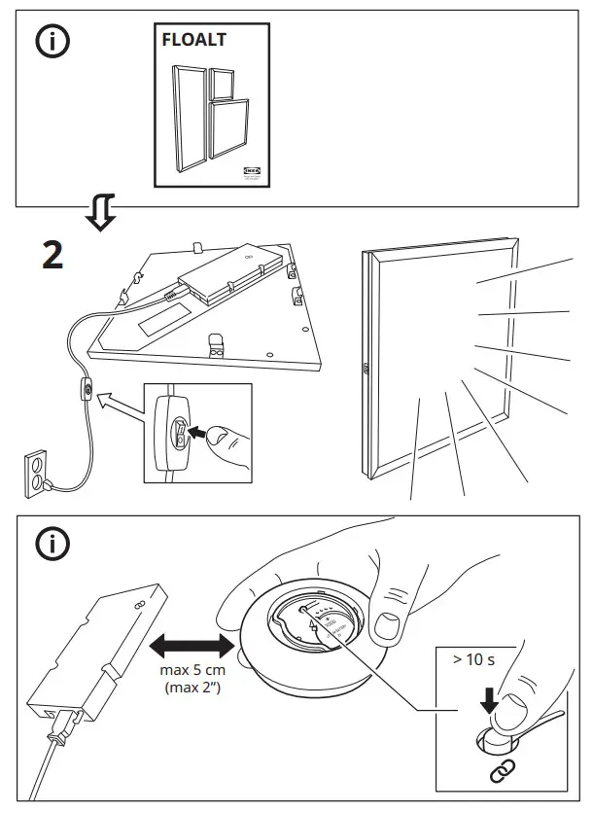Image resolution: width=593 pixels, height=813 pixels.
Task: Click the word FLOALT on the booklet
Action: (x=193, y=41)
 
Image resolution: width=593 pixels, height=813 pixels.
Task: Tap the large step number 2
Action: (x=53, y=255)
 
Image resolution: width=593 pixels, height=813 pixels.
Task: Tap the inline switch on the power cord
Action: (x=86, y=393)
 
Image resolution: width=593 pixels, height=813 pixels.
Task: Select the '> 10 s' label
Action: (x=473, y=660)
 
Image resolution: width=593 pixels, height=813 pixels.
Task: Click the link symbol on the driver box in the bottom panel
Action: (x=137, y=605)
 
